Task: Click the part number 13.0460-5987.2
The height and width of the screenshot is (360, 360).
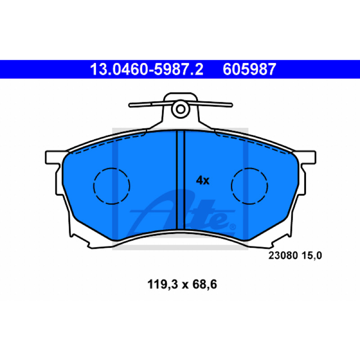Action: tap(147, 69)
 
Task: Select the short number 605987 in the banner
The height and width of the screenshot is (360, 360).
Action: tap(249, 69)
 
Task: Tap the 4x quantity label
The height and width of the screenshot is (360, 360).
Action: tap(202, 180)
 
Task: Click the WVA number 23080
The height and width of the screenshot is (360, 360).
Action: tap(283, 255)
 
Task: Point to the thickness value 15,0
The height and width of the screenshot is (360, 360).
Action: tap(312, 256)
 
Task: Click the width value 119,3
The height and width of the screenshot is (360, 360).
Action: tap(163, 284)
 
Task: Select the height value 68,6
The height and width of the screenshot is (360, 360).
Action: tap(205, 284)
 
